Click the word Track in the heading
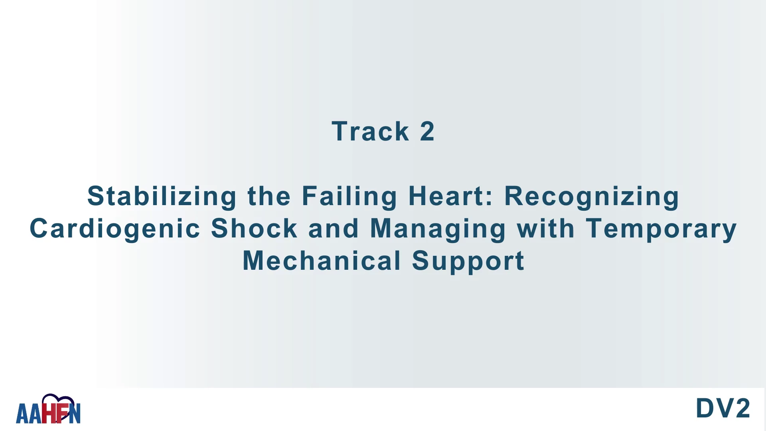pos(370,131)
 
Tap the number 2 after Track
pos(427,131)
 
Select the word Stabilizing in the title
pos(162,197)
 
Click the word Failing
pos(349,197)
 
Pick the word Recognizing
pos(592,197)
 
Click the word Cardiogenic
pos(115,229)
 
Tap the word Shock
pos(254,228)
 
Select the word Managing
pos(438,229)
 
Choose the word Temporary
pos(661,229)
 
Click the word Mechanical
pos(322,261)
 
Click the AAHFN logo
pos(48,409)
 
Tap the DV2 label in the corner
pos(723,408)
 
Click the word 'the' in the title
pos(269,196)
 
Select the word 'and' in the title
pos(334,228)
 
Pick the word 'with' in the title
pos(545,228)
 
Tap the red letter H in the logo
pos(49,413)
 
